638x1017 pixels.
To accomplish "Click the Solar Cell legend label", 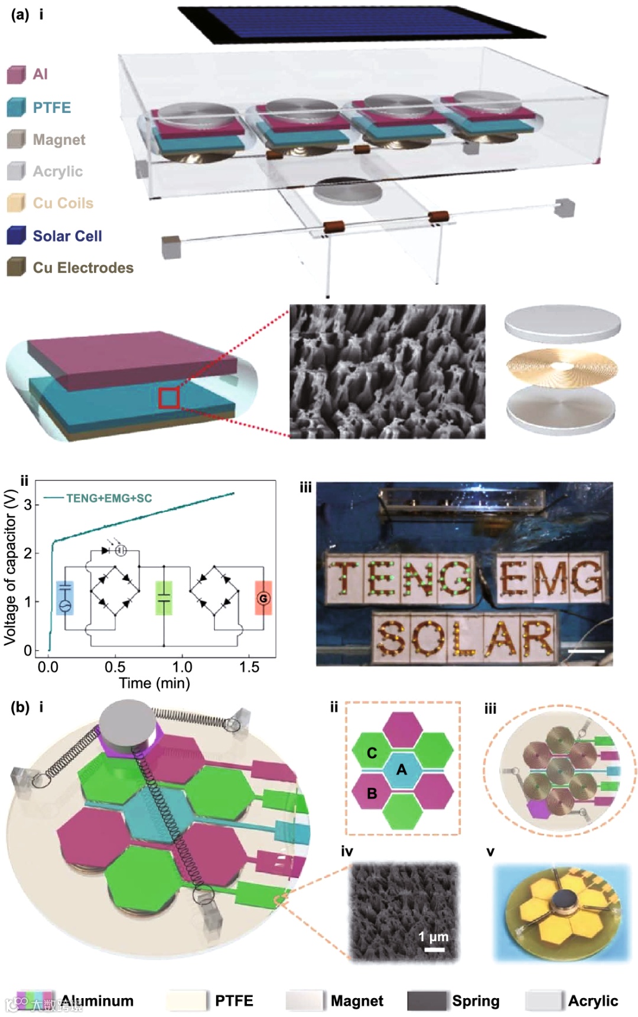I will point(67,236).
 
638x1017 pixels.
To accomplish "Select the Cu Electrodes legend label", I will point(83,268).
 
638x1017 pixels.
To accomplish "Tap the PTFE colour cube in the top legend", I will point(16,107).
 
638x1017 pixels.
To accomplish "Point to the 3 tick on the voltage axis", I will point(27,505).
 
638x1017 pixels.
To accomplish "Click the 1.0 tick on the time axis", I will point(182,667).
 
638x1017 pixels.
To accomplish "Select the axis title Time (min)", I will point(155,684).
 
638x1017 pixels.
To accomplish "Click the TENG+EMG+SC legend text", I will point(109,498).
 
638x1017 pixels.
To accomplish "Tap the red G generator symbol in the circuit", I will point(263,599).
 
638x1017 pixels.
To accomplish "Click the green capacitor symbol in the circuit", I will point(164,598).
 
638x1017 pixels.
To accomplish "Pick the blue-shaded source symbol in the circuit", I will point(65,598).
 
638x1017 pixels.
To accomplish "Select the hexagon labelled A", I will point(402,769).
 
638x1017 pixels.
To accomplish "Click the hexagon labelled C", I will point(372,752).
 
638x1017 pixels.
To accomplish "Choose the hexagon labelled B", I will point(372,793).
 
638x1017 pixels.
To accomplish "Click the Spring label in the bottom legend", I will point(476,1000).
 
